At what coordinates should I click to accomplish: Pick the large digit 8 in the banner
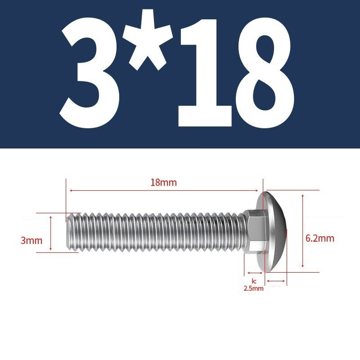pyautogui.click(x=265, y=72)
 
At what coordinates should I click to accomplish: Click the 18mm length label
pyautogui.click(x=164, y=183)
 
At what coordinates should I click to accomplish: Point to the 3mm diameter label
pyautogui.click(x=31, y=241)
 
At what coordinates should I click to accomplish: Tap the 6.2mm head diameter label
pyautogui.click(x=320, y=238)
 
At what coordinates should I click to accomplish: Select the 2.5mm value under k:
pyautogui.click(x=253, y=288)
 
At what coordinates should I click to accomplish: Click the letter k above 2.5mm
pyautogui.click(x=253, y=281)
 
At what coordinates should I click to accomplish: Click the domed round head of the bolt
pyautogui.click(x=272, y=231)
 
